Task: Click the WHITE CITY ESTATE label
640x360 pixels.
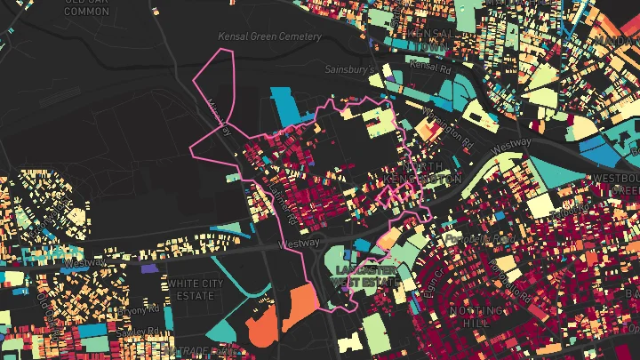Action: pyautogui.click(x=196, y=288)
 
